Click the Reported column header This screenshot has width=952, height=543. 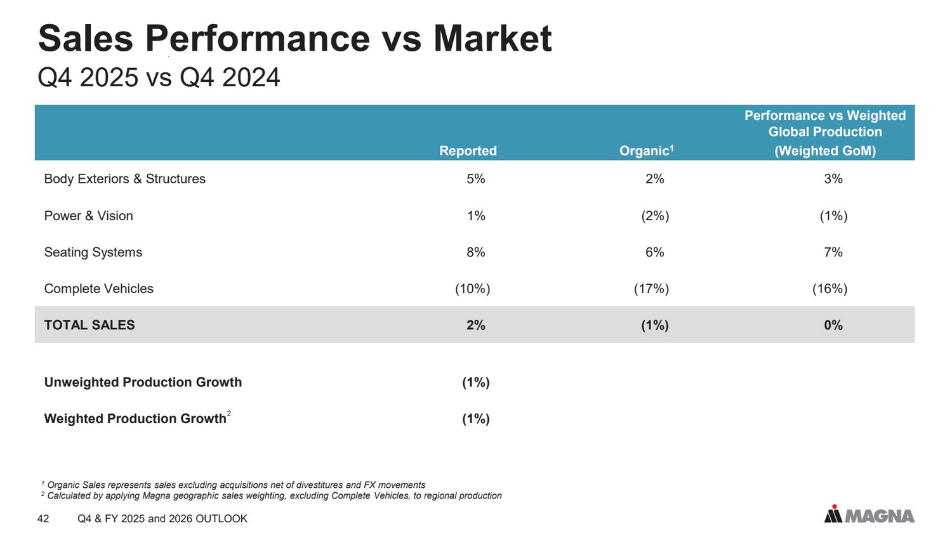(468, 151)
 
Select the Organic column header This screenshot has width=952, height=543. (647, 151)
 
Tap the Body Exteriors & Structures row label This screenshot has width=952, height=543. (124, 179)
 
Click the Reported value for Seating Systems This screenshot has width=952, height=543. (475, 252)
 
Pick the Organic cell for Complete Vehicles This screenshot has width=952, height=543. (651, 289)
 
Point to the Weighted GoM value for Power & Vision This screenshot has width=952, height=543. (833, 216)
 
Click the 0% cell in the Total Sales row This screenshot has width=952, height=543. (833, 325)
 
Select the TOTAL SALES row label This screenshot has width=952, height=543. (89, 325)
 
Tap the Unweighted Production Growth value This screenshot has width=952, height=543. (476, 383)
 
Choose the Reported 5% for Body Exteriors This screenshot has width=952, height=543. (475, 179)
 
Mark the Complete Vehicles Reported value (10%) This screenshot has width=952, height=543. (473, 289)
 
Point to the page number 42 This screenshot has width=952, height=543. (43, 519)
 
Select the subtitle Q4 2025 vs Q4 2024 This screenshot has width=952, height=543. (159, 77)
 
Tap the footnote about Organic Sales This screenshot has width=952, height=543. (234, 485)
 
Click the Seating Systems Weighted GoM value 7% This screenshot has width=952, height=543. (833, 252)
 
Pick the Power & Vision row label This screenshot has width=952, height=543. (88, 216)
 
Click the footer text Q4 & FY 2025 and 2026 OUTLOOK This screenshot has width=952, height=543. (162, 519)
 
